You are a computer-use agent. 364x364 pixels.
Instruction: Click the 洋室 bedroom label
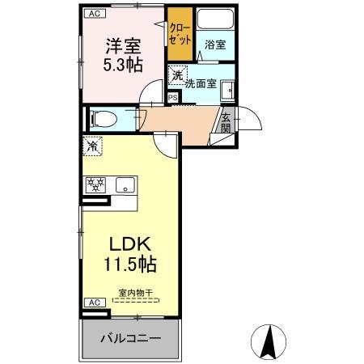[121, 45]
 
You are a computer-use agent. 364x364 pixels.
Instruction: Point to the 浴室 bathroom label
[214, 46]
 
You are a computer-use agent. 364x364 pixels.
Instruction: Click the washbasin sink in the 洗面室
[231, 90]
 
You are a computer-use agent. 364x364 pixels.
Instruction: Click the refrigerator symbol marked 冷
[93, 147]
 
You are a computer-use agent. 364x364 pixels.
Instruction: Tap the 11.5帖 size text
[130, 264]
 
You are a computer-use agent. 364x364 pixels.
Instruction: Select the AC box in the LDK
[93, 303]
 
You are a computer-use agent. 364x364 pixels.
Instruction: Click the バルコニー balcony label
[131, 339]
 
